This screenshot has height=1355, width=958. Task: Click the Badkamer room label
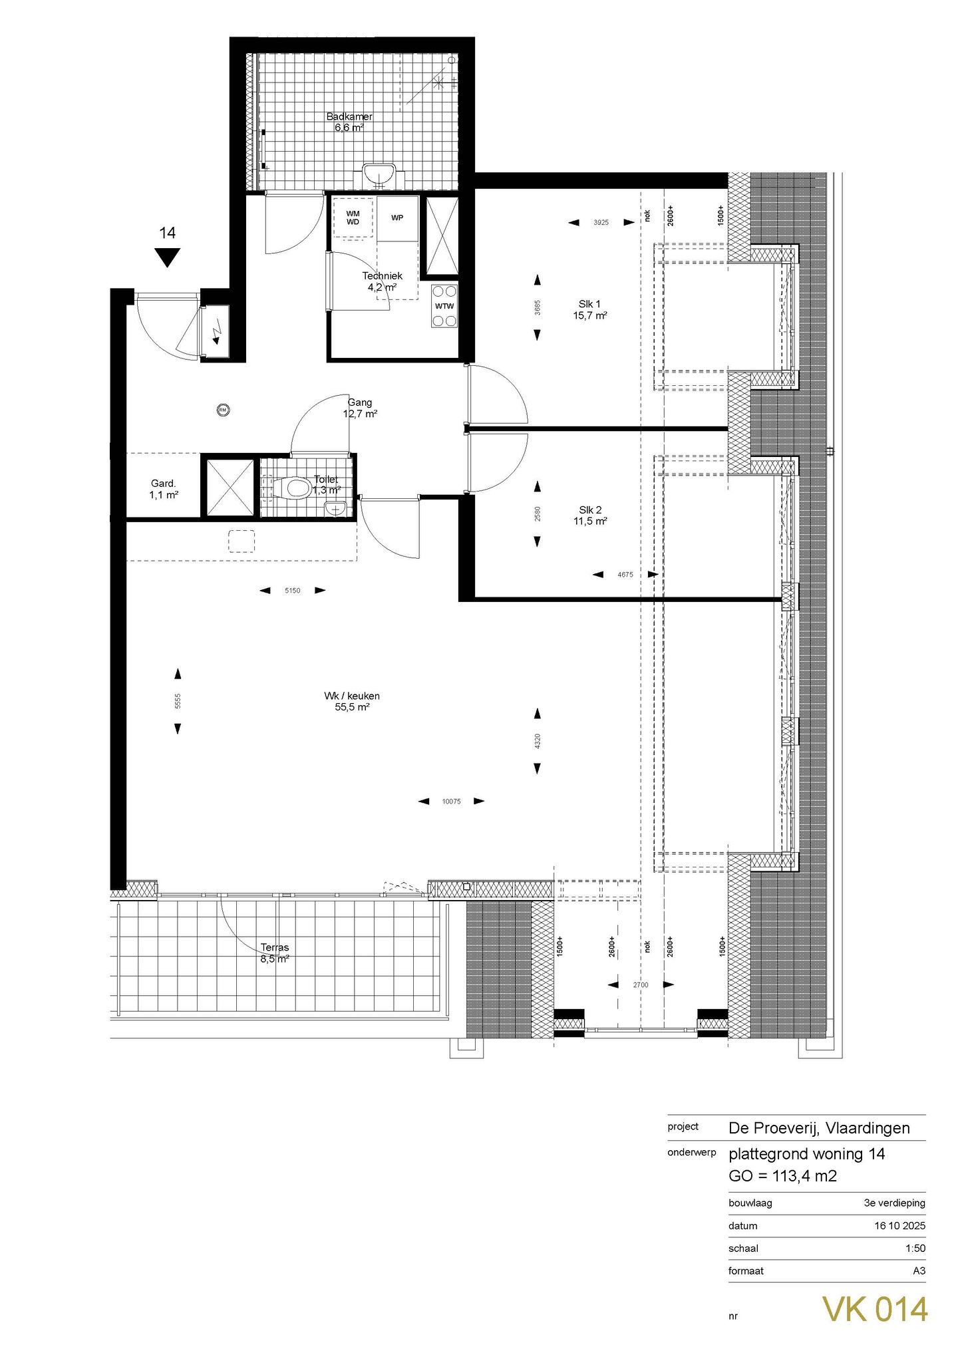(349, 122)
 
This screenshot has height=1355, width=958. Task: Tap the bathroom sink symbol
(380, 176)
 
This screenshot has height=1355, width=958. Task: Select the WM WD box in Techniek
(353, 218)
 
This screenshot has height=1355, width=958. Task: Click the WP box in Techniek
(397, 218)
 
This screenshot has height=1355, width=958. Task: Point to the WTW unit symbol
(444, 306)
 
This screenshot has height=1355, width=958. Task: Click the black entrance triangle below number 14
(167, 256)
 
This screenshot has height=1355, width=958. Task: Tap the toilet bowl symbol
(297, 489)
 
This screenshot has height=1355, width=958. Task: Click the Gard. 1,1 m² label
(164, 489)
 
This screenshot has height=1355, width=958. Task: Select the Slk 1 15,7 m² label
(589, 310)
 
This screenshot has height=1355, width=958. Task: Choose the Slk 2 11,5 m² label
(589, 516)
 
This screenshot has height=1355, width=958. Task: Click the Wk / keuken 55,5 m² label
(352, 702)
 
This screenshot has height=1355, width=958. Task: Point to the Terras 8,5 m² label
(275, 953)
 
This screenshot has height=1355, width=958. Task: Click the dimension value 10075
(452, 802)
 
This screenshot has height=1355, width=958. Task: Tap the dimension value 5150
(293, 590)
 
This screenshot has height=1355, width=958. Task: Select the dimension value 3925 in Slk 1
(601, 223)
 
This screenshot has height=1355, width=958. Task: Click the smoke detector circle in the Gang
(224, 410)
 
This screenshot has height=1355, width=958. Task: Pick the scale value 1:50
(915, 1249)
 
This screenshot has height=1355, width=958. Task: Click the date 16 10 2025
(899, 1226)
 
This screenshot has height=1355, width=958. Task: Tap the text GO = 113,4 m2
(782, 1176)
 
